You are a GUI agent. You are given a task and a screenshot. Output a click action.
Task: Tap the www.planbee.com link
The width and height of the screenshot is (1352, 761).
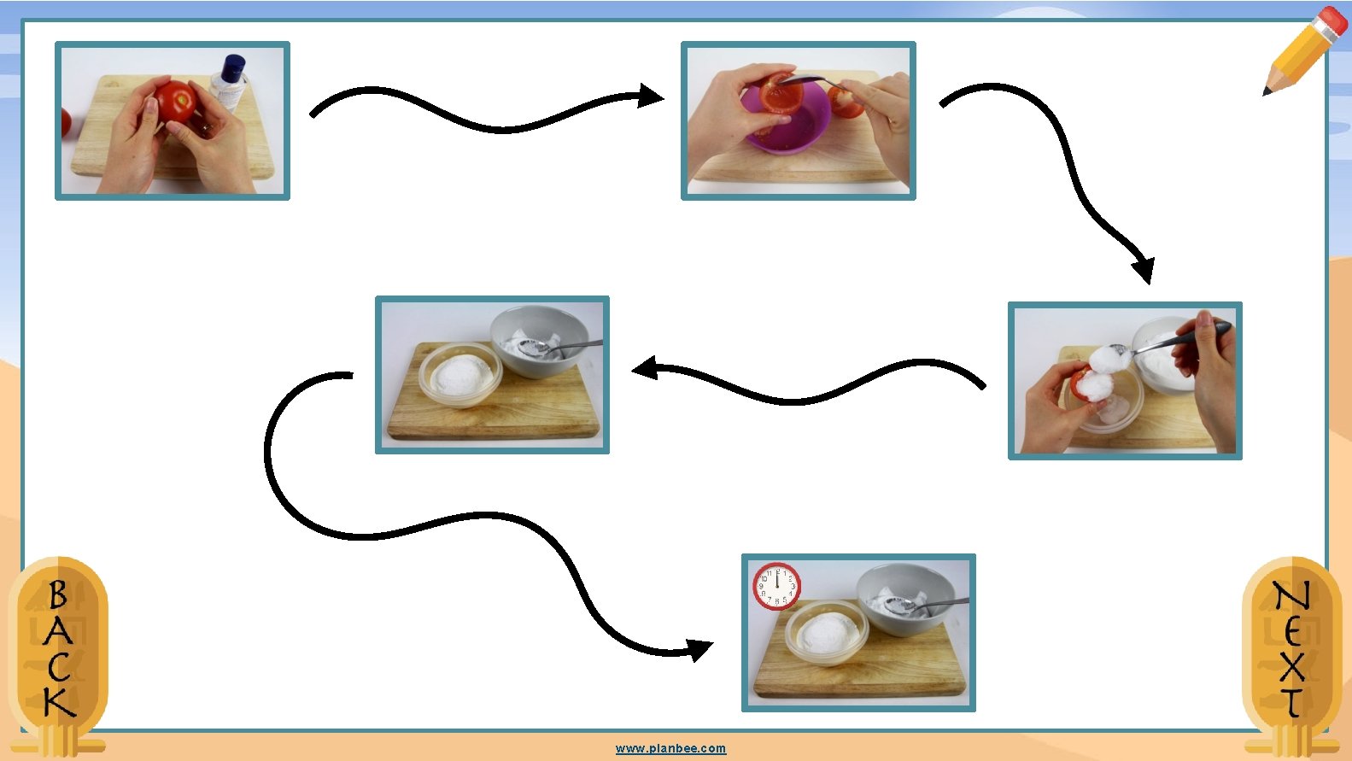click(x=670, y=748)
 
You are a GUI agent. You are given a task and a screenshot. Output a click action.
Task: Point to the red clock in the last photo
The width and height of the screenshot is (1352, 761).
click(x=777, y=586)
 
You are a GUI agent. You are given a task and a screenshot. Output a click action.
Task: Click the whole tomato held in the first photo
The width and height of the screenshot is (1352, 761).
click(x=176, y=102)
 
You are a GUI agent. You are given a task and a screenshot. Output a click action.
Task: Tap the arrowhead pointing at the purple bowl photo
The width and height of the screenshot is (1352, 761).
click(x=651, y=96)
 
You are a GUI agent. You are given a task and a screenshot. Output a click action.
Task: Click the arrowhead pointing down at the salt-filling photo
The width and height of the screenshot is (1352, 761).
click(x=1144, y=270)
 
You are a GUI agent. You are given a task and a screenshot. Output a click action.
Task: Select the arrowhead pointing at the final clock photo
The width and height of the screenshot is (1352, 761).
click(x=700, y=650)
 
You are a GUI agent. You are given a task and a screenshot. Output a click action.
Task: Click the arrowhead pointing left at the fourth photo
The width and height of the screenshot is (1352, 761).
click(x=644, y=367)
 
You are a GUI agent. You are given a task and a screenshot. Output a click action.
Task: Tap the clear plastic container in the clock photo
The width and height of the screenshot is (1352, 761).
click(x=827, y=632)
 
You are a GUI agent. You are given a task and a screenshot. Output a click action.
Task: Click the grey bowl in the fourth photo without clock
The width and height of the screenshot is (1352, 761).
click(x=539, y=341)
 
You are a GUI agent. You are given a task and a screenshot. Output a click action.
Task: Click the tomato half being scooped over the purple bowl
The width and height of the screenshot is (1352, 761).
click(x=781, y=95)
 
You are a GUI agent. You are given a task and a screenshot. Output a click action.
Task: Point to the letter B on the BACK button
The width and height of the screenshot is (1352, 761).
click(x=58, y=594)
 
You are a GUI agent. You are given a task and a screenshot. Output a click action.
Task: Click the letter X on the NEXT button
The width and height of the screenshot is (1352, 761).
click(x=1292, y=666)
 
